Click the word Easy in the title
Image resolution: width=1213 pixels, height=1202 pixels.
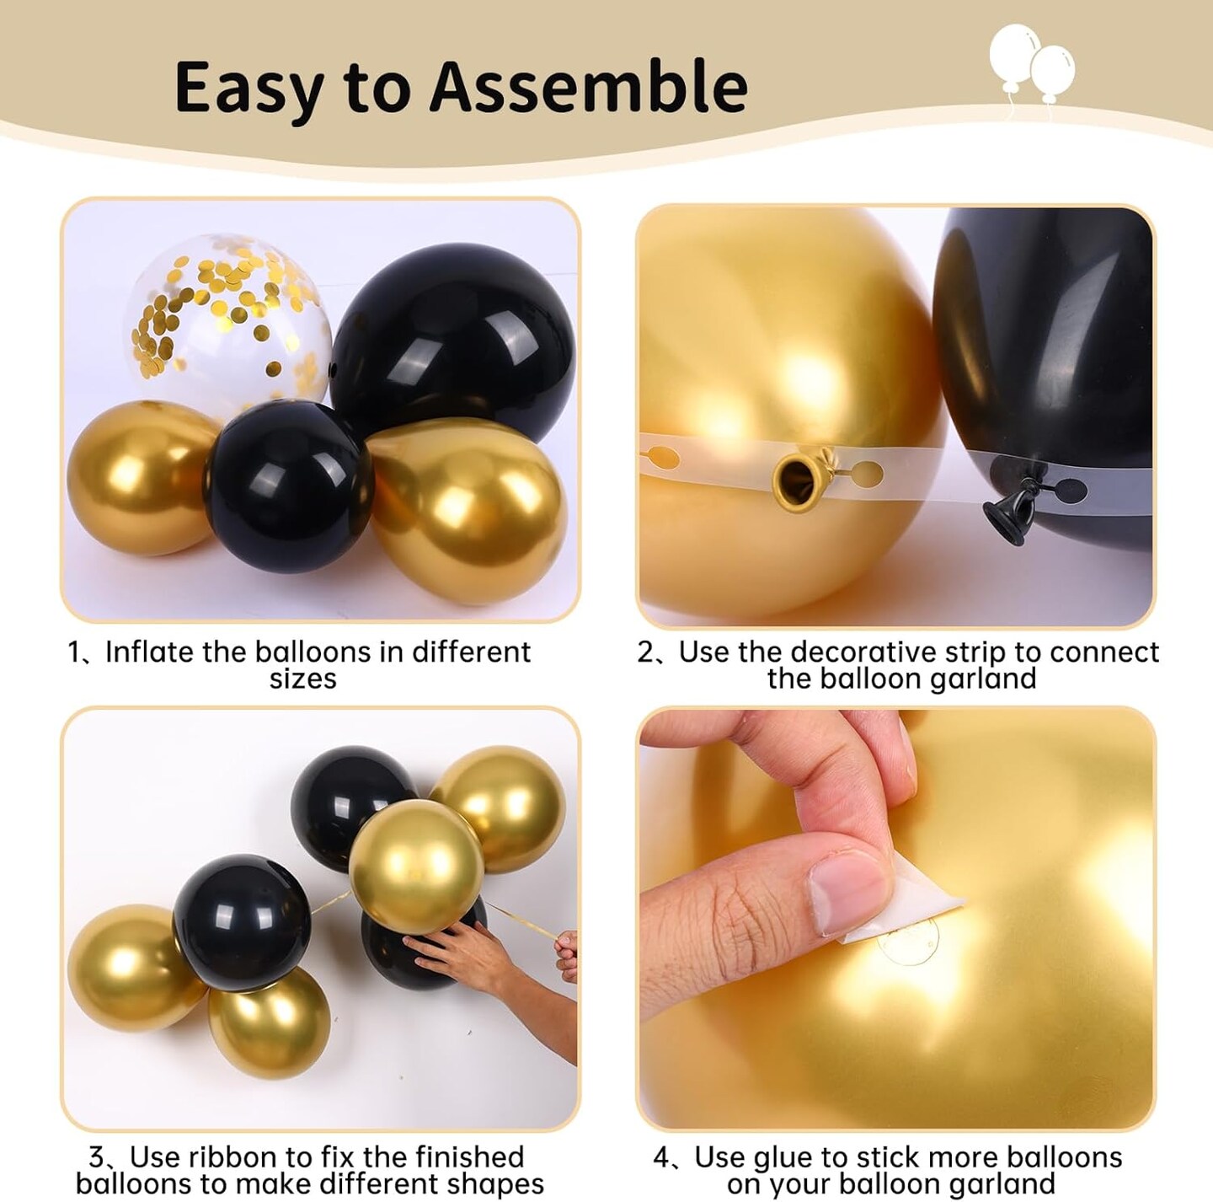(x=249, y=88)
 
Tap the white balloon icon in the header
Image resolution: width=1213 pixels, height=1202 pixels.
(x=1031, y=63)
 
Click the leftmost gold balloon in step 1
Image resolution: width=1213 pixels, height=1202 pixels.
(x=139, y=476)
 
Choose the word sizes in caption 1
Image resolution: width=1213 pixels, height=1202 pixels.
(x=302, y=679)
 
